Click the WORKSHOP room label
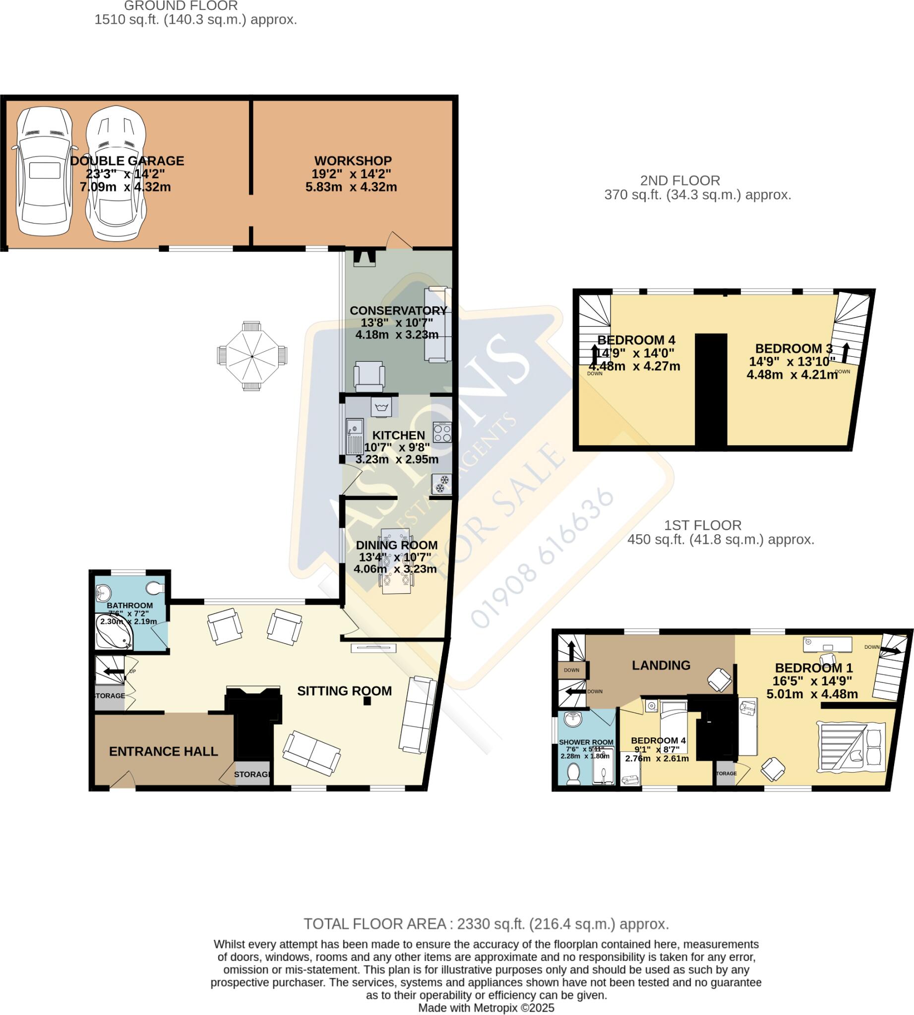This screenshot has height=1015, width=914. click(x=353, y=161)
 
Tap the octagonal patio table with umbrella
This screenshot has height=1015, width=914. click(x=252, y=356)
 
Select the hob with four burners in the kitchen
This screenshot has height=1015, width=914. click(x=442, y=433)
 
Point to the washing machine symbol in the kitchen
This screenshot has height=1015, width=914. click(x=381, y=406)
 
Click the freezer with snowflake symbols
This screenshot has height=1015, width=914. click(x=442, y=484)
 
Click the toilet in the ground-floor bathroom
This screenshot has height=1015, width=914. click(x=155, y=588)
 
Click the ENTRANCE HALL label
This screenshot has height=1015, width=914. click(x=163, y=751)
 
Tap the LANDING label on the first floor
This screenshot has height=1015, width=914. click(x=661, y=665)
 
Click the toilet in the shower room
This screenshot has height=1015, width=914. click(x=573, y=774)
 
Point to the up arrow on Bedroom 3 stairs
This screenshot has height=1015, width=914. click(x=846, y=352)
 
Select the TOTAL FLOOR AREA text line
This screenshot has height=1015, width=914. click(x=486, y=924)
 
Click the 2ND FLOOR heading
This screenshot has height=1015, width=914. click(x=680, y=180)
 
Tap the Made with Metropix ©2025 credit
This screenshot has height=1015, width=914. click(x=486, y=1008)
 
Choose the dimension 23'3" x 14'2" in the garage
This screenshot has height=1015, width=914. click(x=125, y=173)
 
